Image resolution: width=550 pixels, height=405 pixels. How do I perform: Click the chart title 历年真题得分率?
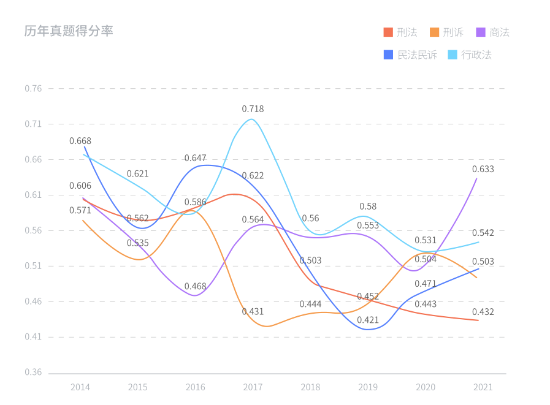[x=69, y=31]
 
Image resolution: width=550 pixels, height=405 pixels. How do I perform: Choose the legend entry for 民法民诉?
[x=410, y=55]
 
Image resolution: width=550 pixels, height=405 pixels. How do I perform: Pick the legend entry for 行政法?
[x=470, y=55]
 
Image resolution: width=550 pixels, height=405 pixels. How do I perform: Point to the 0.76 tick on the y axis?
[x=33, y=88]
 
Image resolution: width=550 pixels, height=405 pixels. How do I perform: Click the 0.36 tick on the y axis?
[x=33, y=373]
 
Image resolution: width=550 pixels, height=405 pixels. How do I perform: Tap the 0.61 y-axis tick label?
[x=33, y=195]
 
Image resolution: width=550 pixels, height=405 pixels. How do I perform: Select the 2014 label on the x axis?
[x=80, y=387]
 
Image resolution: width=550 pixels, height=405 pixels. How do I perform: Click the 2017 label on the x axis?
[x=253, y=387]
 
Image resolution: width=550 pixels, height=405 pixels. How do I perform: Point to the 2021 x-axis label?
[x=483, y=387]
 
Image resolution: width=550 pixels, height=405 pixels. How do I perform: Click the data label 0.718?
[x=253, y=108]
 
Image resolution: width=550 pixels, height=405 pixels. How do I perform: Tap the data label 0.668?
[x=80, y=141]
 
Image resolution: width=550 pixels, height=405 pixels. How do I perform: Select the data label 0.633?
[x=483, y=169]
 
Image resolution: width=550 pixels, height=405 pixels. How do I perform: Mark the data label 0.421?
[x=368, y=320]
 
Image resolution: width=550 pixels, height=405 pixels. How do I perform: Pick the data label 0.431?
[x=253, y=311]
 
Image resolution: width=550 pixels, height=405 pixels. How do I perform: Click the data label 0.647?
[x=196, y=158]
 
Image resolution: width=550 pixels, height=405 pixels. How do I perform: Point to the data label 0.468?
[x=196, y=286]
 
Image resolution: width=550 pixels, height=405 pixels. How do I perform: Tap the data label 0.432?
[x=483, y=312]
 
